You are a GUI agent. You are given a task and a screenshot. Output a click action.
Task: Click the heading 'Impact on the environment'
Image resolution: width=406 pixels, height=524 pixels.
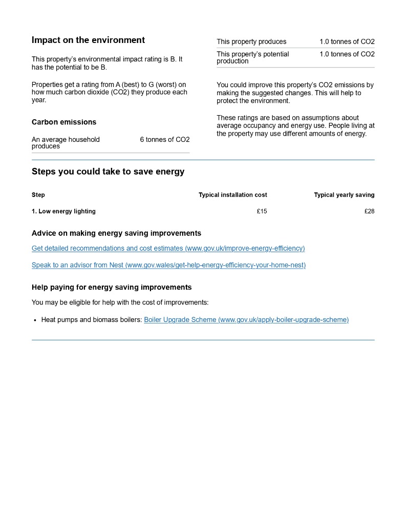(88, 40)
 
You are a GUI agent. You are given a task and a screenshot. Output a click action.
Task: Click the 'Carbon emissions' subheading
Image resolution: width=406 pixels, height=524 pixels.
(64, 122)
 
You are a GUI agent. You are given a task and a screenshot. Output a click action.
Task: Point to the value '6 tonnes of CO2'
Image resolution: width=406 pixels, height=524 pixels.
(164, 139)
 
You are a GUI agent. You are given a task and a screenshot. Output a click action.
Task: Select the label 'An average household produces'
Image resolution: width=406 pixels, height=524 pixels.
(66, 143)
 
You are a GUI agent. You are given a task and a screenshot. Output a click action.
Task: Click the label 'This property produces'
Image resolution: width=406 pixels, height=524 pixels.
(251, 41)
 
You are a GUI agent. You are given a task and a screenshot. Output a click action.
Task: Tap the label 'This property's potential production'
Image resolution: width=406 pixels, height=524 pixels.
(253, 57)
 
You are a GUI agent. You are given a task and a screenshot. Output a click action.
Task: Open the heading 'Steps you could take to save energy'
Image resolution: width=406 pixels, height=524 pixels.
(108, 171)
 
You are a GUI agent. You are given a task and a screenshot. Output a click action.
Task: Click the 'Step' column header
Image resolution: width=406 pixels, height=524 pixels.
(38, 195)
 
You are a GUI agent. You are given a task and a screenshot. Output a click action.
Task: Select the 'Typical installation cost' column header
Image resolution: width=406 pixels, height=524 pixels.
(232, 195)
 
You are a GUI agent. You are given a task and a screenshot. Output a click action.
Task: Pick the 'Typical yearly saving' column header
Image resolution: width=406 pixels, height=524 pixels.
(344, 195)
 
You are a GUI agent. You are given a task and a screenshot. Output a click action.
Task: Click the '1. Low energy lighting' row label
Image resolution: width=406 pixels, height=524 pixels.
(63, 211)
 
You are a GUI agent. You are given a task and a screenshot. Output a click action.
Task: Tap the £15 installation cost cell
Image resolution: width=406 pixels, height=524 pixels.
(262, 211)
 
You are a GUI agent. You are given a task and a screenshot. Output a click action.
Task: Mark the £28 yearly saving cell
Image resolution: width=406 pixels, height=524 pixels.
(369, 211)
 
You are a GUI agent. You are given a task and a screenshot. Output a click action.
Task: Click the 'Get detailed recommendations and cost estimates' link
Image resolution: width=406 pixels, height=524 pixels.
(168, 248)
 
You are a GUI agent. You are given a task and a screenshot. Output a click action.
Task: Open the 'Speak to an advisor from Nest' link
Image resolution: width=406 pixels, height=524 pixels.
(168, 265)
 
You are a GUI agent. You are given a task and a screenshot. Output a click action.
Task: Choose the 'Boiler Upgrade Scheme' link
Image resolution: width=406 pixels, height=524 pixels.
(246, 320)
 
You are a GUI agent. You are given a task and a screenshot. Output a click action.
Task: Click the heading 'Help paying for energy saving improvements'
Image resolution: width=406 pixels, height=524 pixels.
(112, 287)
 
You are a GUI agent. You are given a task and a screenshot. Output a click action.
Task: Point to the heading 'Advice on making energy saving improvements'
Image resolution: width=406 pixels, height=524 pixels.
(116, 233)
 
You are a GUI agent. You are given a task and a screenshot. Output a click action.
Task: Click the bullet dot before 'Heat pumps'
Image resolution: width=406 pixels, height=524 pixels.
(35, 320)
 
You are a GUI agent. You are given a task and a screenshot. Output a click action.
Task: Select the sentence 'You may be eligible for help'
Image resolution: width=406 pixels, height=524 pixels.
(120, 302)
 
